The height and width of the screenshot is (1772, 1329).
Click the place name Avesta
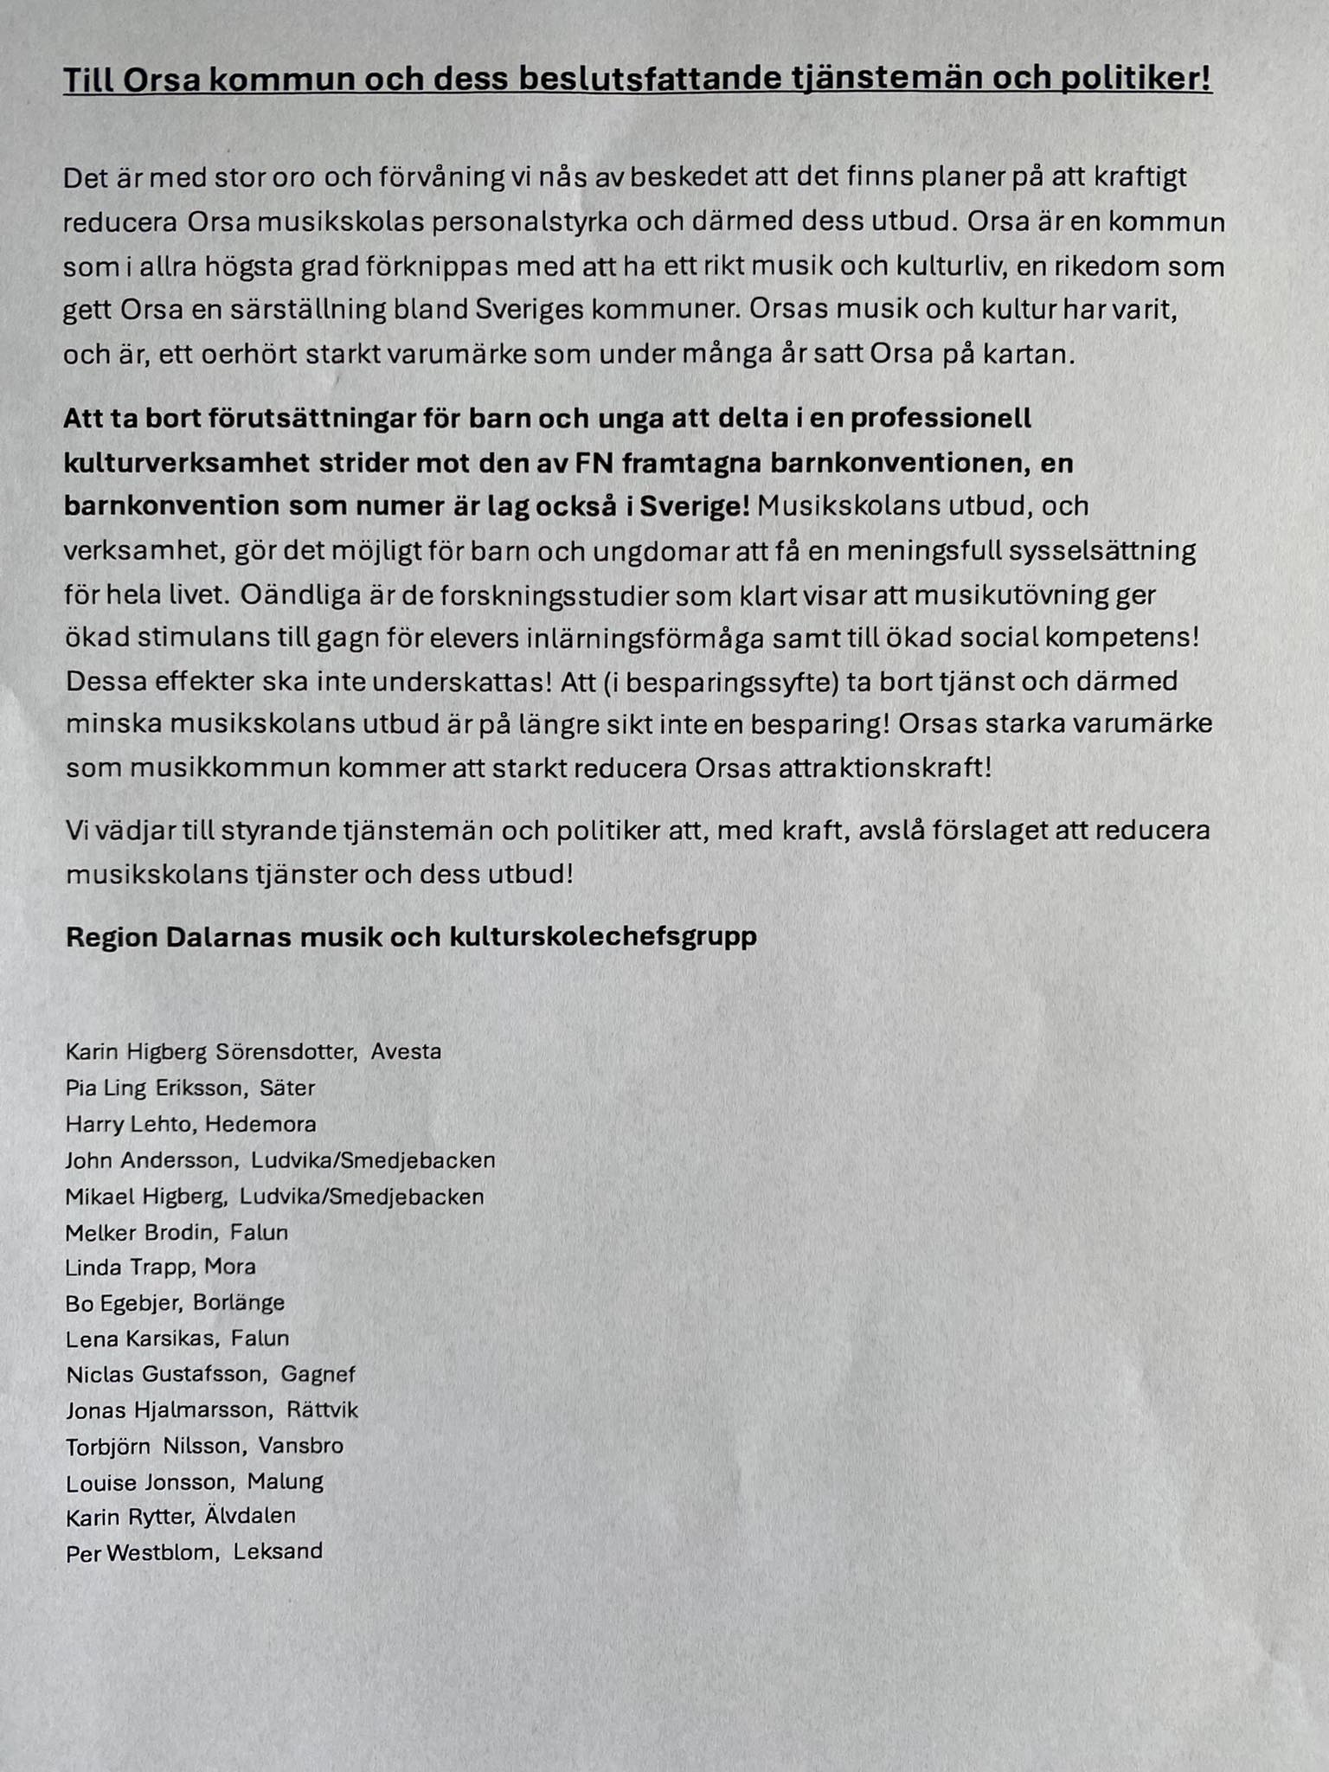pos(406,1052)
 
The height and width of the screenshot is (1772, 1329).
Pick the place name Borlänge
pos(239,1303)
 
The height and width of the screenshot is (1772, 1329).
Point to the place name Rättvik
pos(322,1410)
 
